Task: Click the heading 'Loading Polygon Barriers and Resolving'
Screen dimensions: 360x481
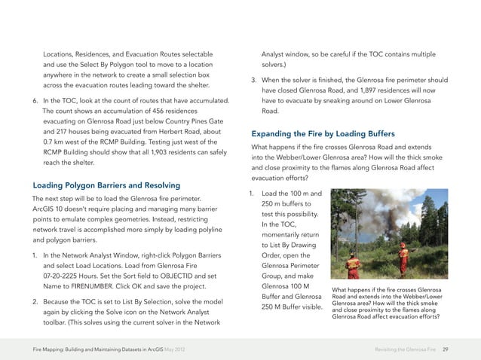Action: coord(106,185)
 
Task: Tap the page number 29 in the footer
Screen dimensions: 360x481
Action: coord(446,349)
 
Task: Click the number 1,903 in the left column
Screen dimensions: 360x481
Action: coord(158,151)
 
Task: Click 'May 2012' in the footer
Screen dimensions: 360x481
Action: coord(187,349)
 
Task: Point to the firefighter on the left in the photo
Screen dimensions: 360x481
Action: coord(352,264)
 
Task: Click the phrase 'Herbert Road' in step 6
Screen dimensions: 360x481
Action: coord(171,131)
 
